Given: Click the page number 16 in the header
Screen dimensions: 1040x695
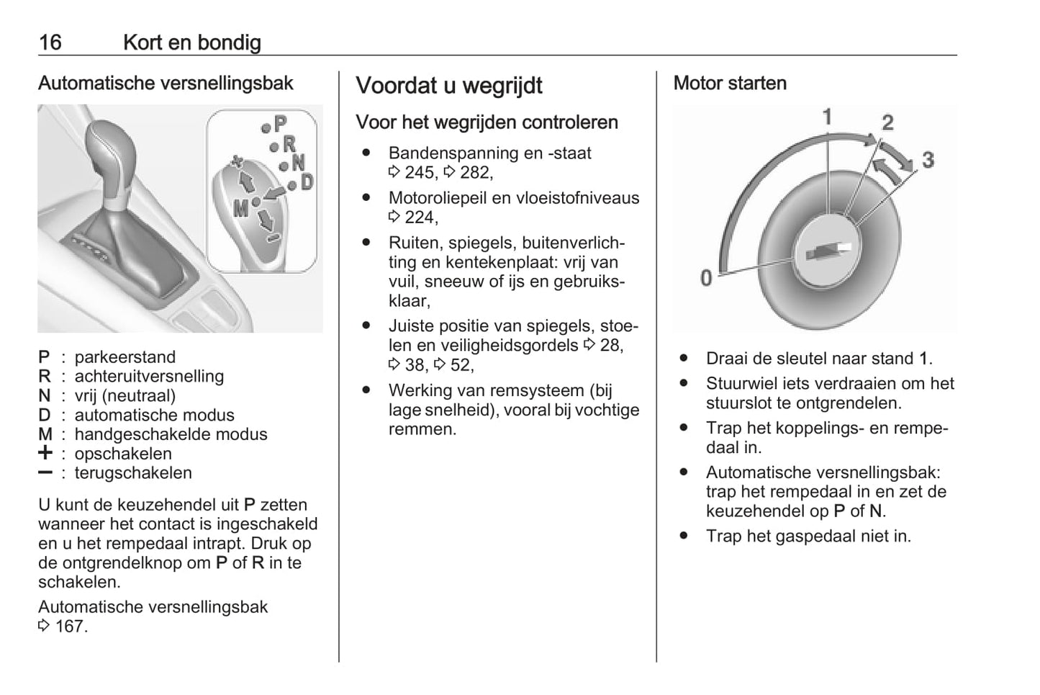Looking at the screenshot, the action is pos(50,42).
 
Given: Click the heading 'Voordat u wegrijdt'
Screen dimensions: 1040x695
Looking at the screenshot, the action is pos(449,86).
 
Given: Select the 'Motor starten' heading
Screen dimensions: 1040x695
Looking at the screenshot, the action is pos(730,83).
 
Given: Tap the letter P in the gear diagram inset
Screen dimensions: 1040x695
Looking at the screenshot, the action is pos(281,124).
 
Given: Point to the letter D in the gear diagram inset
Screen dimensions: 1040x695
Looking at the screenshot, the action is pos(307,182).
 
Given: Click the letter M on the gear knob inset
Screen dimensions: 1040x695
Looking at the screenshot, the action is pos(240,209).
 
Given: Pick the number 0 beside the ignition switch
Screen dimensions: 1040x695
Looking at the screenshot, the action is pos(706,278).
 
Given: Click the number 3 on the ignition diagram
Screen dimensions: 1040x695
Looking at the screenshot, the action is pos(928,159).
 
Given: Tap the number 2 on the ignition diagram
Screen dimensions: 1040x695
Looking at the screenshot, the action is pos(887,122).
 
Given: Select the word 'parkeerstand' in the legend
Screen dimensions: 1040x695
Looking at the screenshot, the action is pos(125,357).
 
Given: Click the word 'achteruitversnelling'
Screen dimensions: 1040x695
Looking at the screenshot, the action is pos(149,376).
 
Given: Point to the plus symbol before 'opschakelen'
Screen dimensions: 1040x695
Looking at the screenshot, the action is pos(45,452).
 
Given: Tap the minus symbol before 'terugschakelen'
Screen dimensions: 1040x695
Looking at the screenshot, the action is pos(45,472).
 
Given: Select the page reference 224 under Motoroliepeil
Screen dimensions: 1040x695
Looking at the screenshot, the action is pos(420,217).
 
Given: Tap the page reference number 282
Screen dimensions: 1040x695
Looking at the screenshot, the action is pos(474,172).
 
